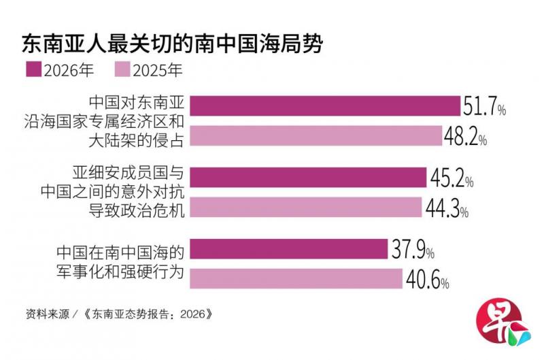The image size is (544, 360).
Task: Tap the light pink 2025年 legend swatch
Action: click(x=122, y=69)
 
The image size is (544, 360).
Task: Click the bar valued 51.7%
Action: click(x=325, y=105)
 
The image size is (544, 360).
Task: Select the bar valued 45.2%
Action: click(x=308, y=177)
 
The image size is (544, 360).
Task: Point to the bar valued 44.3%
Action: click(x=305, y=207)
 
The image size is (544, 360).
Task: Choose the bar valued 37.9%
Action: click(x=288, y=248)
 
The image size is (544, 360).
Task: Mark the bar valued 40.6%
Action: click(x=296, y=278)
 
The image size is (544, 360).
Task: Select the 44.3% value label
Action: click(x=447, y=208)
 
